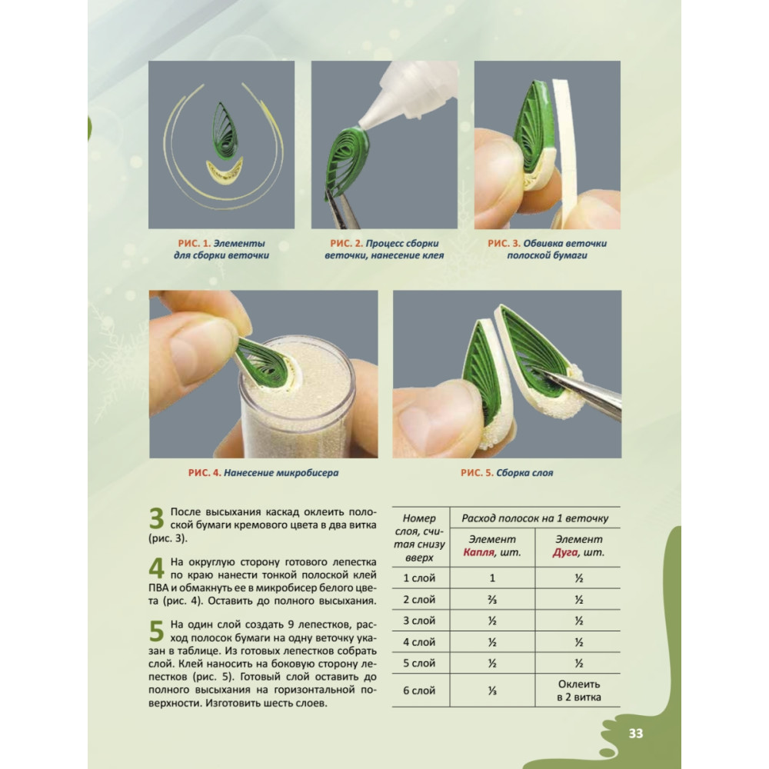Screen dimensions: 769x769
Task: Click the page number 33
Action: [636, 733]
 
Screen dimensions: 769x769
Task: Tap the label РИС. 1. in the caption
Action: [195, 243]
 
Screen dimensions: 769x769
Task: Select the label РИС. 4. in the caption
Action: [205, 473]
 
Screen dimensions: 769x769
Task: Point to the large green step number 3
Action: [156, 518]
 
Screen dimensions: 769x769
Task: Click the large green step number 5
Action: [156, 631]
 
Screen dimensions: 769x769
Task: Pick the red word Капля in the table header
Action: [478, 552]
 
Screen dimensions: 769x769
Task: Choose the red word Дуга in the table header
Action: [564, 552]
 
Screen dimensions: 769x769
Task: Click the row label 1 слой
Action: [419, 578]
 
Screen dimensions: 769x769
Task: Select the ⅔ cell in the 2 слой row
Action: [492, 599]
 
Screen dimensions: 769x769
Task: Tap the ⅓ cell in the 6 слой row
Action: [492, 690]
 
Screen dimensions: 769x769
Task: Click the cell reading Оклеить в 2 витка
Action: [579, 691]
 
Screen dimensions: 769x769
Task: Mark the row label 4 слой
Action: [419, 642]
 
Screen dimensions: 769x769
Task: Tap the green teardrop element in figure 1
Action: [225, 131]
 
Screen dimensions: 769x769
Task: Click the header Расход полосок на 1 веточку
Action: [535, 518]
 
